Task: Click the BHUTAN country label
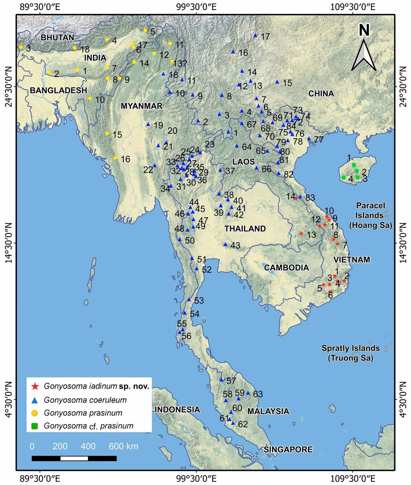tap(57, 37)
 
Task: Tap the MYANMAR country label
tap(141, 106)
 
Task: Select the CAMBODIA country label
tap(286, 268)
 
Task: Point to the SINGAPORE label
tap(288, 449)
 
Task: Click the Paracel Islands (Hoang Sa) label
tap(370, 215)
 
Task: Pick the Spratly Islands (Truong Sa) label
tap(350, 353)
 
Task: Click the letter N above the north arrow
tap(364, 30)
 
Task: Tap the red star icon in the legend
tap(35, 387)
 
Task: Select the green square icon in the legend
tap(35, 426)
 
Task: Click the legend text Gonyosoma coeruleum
tap(85, 400)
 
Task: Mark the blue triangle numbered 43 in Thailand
tap(225, 244)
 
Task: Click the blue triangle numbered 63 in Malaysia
tap(248, 393)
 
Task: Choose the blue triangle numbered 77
tap(309, 139)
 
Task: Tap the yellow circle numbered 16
tap(115, 158)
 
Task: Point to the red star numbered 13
tap(301, 234)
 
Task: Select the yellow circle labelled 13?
tap(172, 61)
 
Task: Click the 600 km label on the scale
tap(123, 446)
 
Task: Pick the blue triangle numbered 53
tap(189, 300)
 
